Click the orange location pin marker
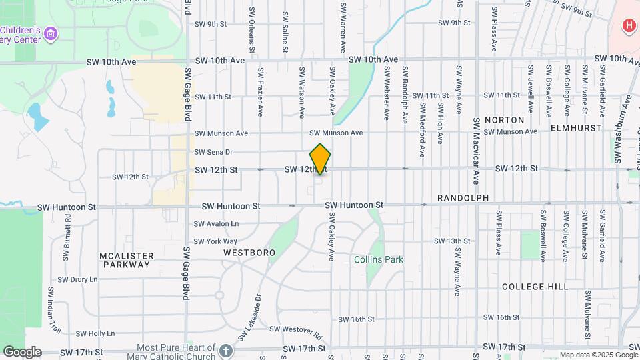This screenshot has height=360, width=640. [320, 158]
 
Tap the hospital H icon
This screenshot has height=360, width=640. [627, 26]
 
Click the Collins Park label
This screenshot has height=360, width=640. [379, 259]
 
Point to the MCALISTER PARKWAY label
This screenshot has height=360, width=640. [127, 260]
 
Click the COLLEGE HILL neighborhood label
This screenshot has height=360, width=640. [535, 287]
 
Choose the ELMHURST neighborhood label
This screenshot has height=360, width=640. [577, 127]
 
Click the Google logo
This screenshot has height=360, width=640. [21, 352]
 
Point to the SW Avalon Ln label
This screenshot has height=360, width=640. [216, 224]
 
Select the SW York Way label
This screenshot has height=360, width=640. [215, 241]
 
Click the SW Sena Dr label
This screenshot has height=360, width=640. [213, 152]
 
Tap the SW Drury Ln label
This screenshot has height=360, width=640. [78, 280]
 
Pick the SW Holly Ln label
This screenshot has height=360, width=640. [95, 333]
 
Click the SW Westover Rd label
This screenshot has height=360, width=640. [295, 329]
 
